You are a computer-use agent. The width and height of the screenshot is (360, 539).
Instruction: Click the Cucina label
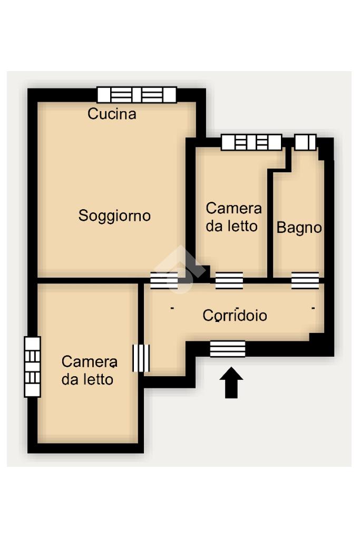[x=112, y=114]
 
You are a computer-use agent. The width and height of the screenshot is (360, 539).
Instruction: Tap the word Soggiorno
[x=114, y=216]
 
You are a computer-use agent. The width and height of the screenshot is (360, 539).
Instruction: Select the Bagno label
[x=299, y=228]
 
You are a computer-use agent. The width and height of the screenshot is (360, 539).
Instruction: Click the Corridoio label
[x=235, y=315]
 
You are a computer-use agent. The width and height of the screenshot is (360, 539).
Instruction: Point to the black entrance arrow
[x=231, y=383]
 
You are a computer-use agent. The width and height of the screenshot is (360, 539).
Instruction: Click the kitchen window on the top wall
[x=137, y=95]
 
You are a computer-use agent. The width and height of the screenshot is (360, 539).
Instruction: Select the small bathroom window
[x=305, y=142]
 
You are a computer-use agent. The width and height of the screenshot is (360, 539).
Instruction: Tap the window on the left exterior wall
[x=32, y=367]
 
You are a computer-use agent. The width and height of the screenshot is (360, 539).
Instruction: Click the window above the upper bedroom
[x=252, y=142]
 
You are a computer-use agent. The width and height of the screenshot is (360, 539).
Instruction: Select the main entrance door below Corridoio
[x=228, y=349]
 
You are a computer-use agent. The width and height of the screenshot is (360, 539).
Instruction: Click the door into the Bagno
[x=305, y=280]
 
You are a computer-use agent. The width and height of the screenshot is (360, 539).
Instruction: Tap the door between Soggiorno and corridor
[x=164, y=280]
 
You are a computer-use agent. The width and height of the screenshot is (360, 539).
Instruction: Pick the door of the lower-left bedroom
[x=141, y=358]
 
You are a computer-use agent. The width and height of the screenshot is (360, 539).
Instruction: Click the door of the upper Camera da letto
[x=229, y=280]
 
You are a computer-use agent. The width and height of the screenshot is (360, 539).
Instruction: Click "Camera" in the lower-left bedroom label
[x=90, y=361]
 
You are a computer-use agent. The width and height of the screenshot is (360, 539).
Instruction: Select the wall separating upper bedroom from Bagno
[x=270, y=223]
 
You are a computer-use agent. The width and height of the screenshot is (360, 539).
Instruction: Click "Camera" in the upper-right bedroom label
[x=234, y=208]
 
